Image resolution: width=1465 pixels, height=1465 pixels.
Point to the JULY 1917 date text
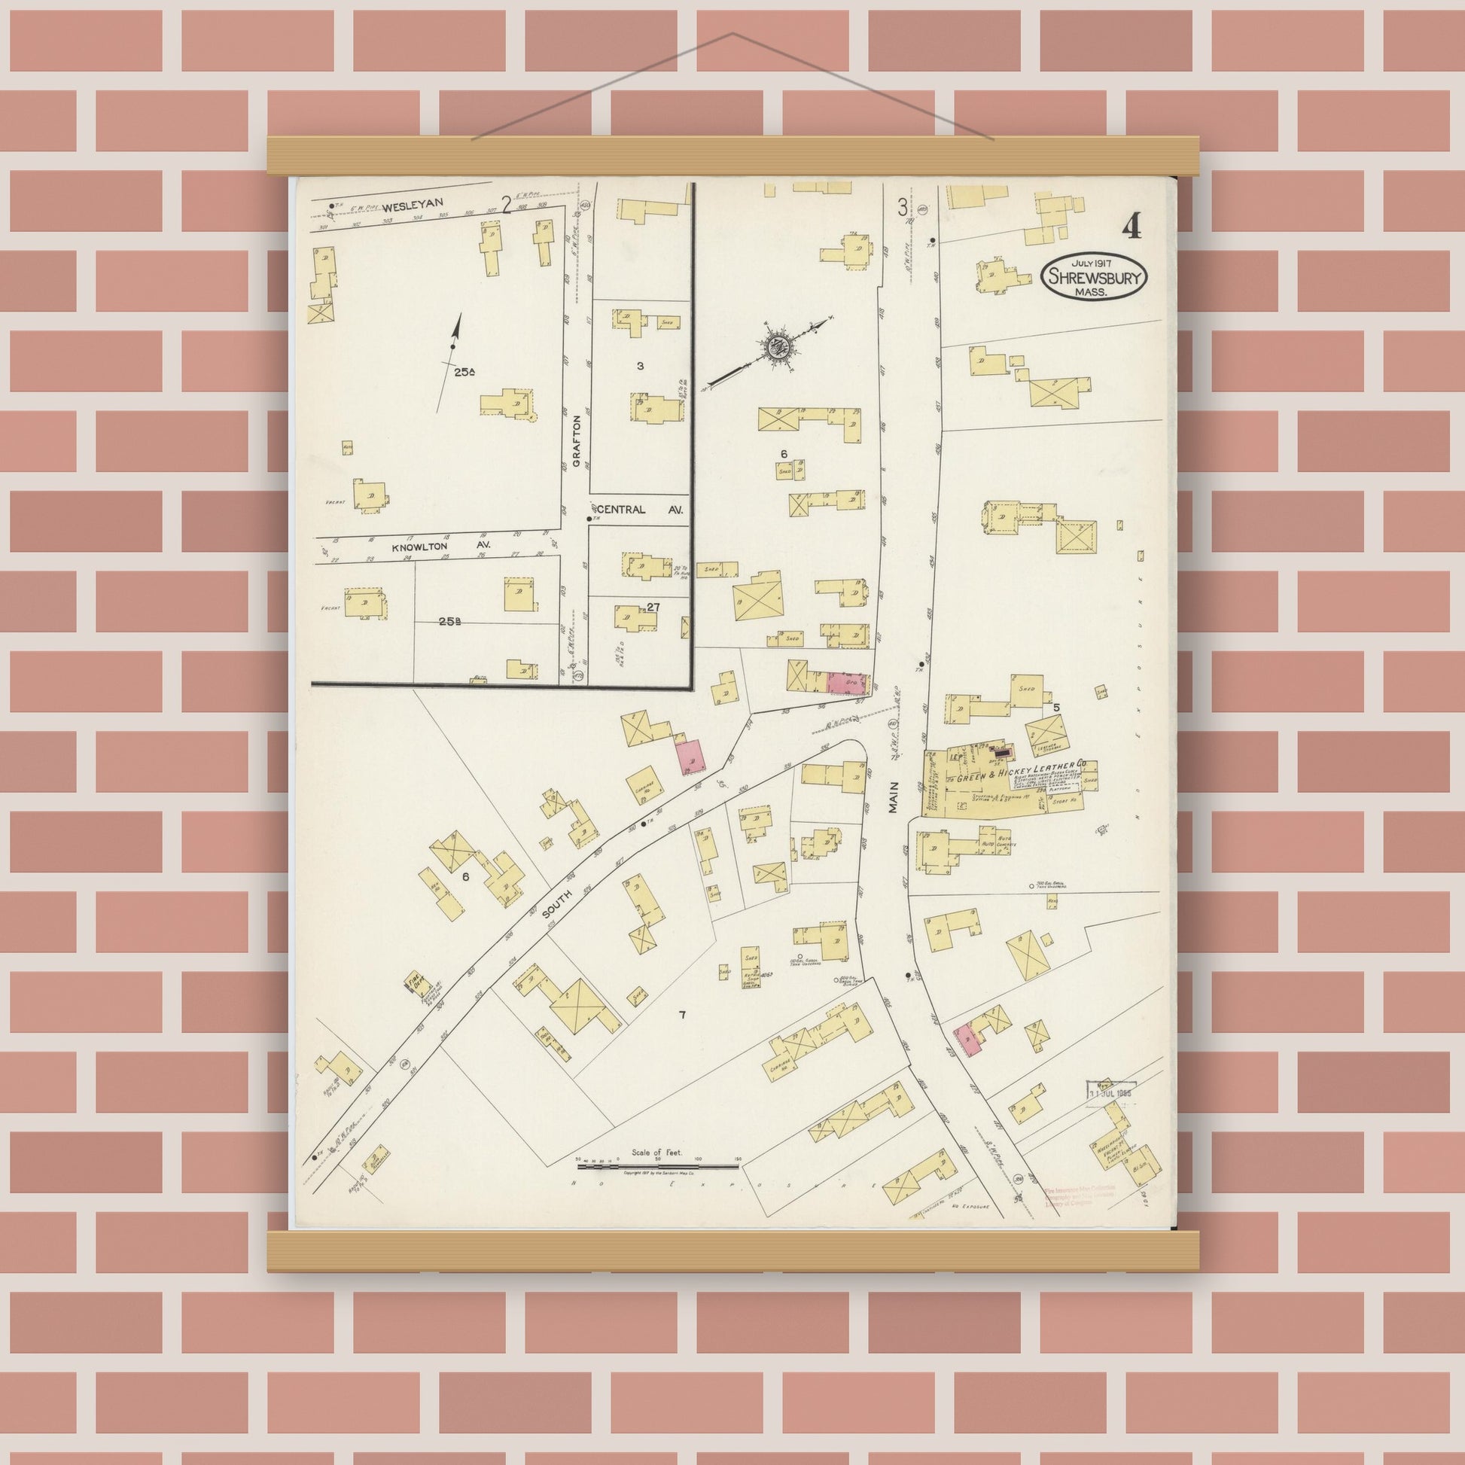[x=1093, y=263]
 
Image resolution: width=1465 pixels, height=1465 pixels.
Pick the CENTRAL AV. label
[x=641, y=510]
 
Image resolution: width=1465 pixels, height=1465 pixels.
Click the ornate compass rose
[x=777, y=346]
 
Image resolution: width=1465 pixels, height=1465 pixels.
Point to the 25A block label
[x=464, y=373]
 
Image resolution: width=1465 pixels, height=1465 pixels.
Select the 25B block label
[x=449, y=621]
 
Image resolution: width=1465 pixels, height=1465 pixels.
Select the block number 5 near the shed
[x=1055, y=707]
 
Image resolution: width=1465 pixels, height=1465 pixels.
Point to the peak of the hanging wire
[x=732, y=34]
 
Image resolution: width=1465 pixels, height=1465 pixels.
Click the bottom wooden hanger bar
[x=733, y=1253]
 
